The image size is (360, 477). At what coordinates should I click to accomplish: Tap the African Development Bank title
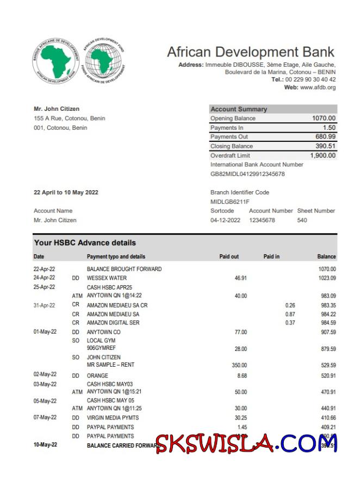[x=251, y=52]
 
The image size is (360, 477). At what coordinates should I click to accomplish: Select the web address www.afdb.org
[x=318, y=87]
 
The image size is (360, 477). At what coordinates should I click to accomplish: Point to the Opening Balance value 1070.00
[x=324, y=118]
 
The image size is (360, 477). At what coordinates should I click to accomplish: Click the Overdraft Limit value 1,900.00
[x=322, y=155]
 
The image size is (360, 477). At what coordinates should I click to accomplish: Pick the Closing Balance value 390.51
[x=326, y=146]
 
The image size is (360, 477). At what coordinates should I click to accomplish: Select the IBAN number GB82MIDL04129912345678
[x=247, y=174]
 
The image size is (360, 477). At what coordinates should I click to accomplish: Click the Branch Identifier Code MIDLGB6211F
[x=230, y=202]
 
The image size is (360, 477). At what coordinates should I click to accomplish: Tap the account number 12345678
[x=262, y=220]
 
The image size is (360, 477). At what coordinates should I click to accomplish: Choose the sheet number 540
[x=302, y=220]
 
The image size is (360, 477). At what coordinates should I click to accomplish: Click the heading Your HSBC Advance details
[x=85, y=243]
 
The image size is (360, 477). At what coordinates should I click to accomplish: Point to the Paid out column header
[x=229, y=256]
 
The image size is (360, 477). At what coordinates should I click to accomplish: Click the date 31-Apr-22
[x=45, y=305]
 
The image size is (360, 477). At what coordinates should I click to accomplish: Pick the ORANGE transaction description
[x=97, y=375]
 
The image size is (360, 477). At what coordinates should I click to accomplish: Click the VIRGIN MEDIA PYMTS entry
[x=113, y=418]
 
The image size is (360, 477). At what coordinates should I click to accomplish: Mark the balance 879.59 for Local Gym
[x=327, y=349]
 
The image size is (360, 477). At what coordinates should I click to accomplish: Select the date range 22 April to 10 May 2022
[x=66, y=192]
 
